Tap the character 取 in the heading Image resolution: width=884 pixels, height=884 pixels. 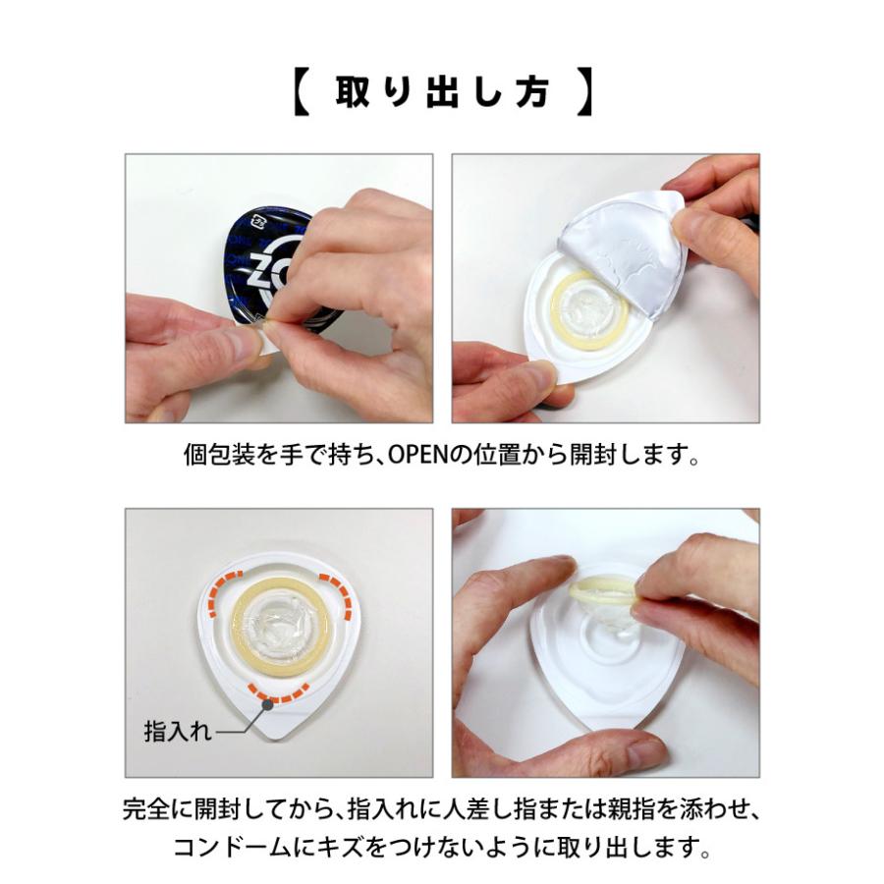(x=351, y=93)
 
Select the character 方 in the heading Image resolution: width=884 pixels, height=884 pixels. (x=534, y=93)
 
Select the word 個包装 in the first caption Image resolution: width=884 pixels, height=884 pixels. (x=217, y=457)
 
